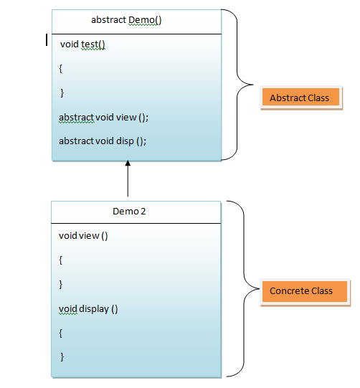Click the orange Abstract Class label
(x=299, y=98)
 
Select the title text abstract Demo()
(x=126, y=20)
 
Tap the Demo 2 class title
(x=129, y=212)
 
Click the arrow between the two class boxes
(x=128, y=179)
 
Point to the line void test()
(x=82, y=44)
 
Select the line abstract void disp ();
(x=103, y=141)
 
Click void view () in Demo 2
(x=83, y=235)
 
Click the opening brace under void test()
(x=62, y=69)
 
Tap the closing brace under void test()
(x=62, y=93)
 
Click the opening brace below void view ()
(x=62, y=260)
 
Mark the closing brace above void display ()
(x=62, y=284)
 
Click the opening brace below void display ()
(x=62, y=333)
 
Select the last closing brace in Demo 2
(x=62, y=356)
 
